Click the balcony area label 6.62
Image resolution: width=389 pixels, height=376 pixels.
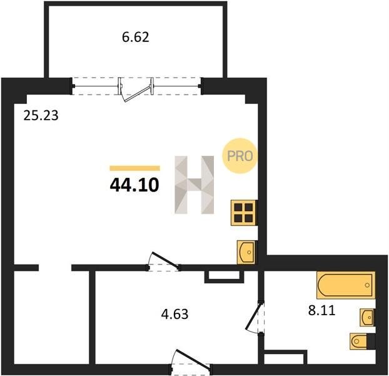point(136,37)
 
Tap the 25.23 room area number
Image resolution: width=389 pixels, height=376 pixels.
point(41,115)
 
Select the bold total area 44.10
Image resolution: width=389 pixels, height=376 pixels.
point(134,185)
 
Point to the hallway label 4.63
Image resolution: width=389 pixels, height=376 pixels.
point(174,314)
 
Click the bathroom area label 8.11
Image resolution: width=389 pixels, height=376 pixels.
point(321,310)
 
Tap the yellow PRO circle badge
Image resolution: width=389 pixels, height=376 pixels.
point(240,156)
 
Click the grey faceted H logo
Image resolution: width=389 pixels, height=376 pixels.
point(194,185)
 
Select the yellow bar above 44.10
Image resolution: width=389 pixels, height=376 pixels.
point(134,168)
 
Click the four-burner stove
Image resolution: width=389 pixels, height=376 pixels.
point(243,212)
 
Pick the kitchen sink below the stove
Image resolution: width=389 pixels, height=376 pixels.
point(246,252)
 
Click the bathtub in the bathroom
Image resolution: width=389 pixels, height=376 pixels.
point(346,285)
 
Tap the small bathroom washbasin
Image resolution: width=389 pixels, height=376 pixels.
point(367,317)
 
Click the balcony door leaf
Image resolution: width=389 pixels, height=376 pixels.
point(137,94)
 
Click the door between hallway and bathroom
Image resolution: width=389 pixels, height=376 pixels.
point(253,316)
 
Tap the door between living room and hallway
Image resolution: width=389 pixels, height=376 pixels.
point(166,261)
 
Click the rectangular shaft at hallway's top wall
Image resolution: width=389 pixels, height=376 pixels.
point(225,276)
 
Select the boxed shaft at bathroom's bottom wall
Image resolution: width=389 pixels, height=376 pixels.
point(285,357)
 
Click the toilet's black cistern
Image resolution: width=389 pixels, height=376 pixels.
point(371,342)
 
